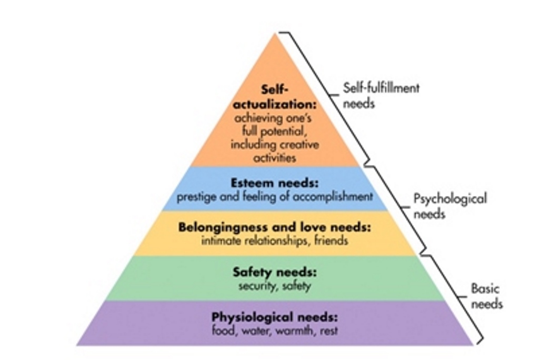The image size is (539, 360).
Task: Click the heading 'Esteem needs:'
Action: click(x=274, y=183)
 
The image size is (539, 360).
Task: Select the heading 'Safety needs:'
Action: click(x=274, y=273)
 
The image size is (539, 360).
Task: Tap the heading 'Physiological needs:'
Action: click(x=274, y=317)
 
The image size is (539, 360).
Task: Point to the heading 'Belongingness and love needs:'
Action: click(x=274, y=228)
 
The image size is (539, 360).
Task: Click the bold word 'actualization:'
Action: click(x=274, y=104)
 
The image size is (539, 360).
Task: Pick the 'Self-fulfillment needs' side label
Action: click(x=381, y=95)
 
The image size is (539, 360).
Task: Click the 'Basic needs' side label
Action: click(x=486, y=296)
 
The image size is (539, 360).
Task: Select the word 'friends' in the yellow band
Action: click(x=331, y=241)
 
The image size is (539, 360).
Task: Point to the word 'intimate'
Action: click(x=219, y=242)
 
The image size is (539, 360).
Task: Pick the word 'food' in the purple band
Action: click(x=222, y=332)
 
